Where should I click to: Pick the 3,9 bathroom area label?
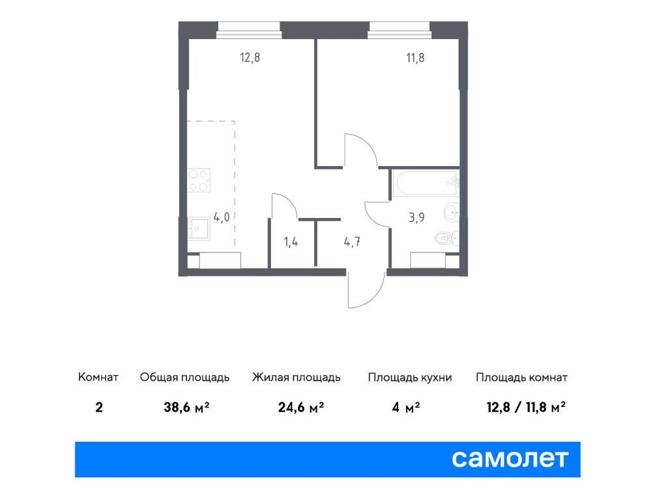(417, 217)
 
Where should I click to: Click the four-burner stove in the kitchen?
(199, 180)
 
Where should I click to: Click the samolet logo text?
(510, 459)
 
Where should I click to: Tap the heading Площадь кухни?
(409, 378)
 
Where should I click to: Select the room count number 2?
(98, 408)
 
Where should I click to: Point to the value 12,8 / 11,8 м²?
(525, 408)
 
